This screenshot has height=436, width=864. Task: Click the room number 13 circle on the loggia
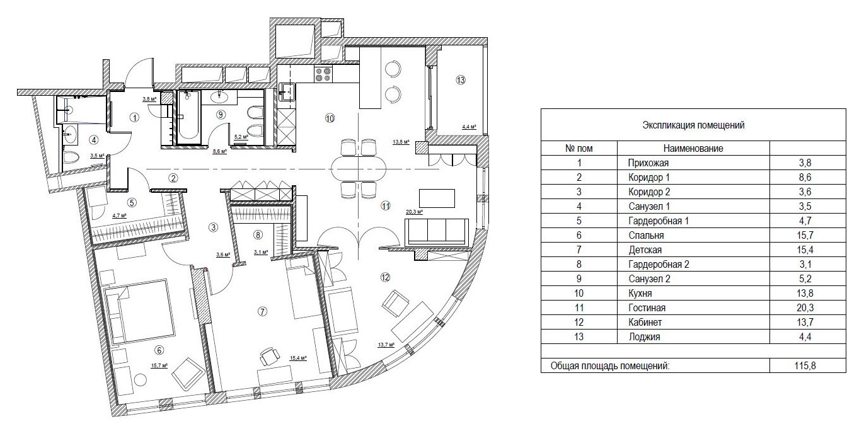(x=461, y=80)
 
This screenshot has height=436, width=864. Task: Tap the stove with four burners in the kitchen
(x=323, y=74)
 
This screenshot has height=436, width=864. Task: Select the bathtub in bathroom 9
(x=189, y=117)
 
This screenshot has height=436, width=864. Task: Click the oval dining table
(x=359, y=168)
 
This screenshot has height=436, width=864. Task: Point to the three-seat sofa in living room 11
(x=436, y=232)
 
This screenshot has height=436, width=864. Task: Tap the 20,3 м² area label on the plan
(x=414, y=212)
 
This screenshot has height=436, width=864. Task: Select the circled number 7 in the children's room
(x=262, y=311)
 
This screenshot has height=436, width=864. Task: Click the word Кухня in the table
(x=640, y=294)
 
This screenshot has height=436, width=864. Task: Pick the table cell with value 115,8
(x=805, y=365)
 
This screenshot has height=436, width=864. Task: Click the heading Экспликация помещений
(x=693, y=125)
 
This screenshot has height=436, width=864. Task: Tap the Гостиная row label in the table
(x=647, y=307)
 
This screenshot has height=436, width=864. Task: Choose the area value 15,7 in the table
(x=805, y=235)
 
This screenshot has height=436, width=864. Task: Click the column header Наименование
(x=693, y=149)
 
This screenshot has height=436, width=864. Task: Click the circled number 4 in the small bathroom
(x=94, y=141)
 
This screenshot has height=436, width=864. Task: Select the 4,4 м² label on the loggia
(x=469, y=127)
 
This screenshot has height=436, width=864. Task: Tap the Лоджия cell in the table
(x=644, y=337)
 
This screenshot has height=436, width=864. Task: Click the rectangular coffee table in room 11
(x=437, y=198)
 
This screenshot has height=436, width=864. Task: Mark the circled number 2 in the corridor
(x=173, y=178)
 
